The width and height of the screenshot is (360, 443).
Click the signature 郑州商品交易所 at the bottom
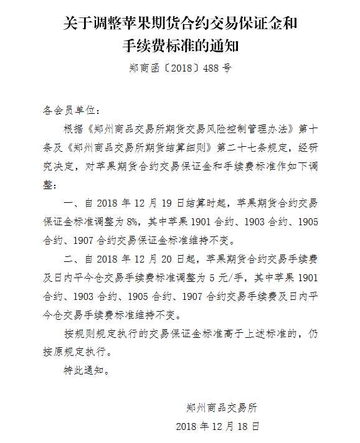[225, 408]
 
